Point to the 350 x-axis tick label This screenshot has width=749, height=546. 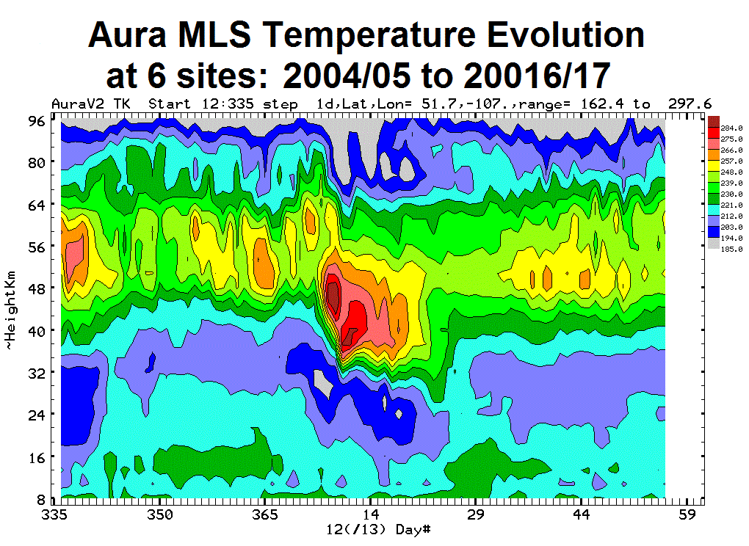[159, 514]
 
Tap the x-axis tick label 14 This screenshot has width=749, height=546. [372, 514]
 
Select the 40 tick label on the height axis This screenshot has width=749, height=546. [38, 330]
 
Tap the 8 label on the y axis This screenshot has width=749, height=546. [42, 498]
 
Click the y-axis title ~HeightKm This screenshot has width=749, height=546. [10, 310]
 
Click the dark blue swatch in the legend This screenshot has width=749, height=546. [712, 228]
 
